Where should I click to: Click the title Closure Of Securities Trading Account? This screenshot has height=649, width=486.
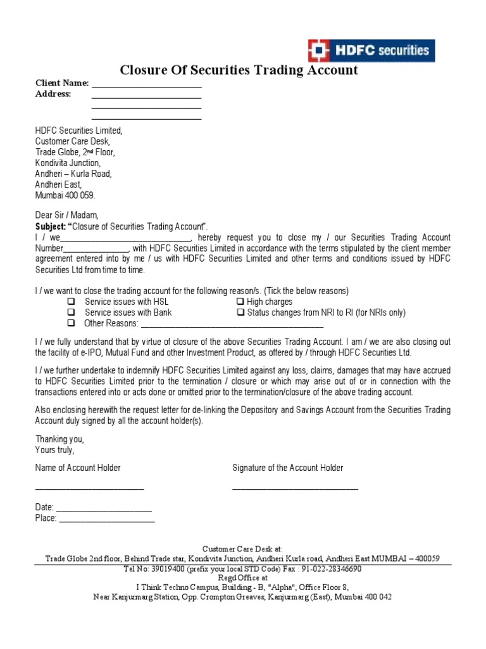[x=239, y=70]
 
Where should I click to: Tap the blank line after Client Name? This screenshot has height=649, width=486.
[x=146, y=86]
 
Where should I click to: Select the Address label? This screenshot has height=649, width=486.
[x=53, y=94]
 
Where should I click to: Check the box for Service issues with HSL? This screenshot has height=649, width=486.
[x=72, y=302]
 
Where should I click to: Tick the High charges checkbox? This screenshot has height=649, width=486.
[x=240, y=302]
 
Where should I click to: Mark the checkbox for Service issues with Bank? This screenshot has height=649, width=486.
[x=72, y=312]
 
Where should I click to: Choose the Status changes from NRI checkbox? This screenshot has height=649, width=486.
[x=240, y=312]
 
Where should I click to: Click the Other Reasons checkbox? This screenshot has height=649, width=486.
[x=72, y=323]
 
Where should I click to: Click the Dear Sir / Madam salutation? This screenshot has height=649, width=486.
[x=67, y=215]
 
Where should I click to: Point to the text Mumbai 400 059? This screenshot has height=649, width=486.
[x=65, y=196]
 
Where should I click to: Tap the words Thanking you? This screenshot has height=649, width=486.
[x=59, y=439]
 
